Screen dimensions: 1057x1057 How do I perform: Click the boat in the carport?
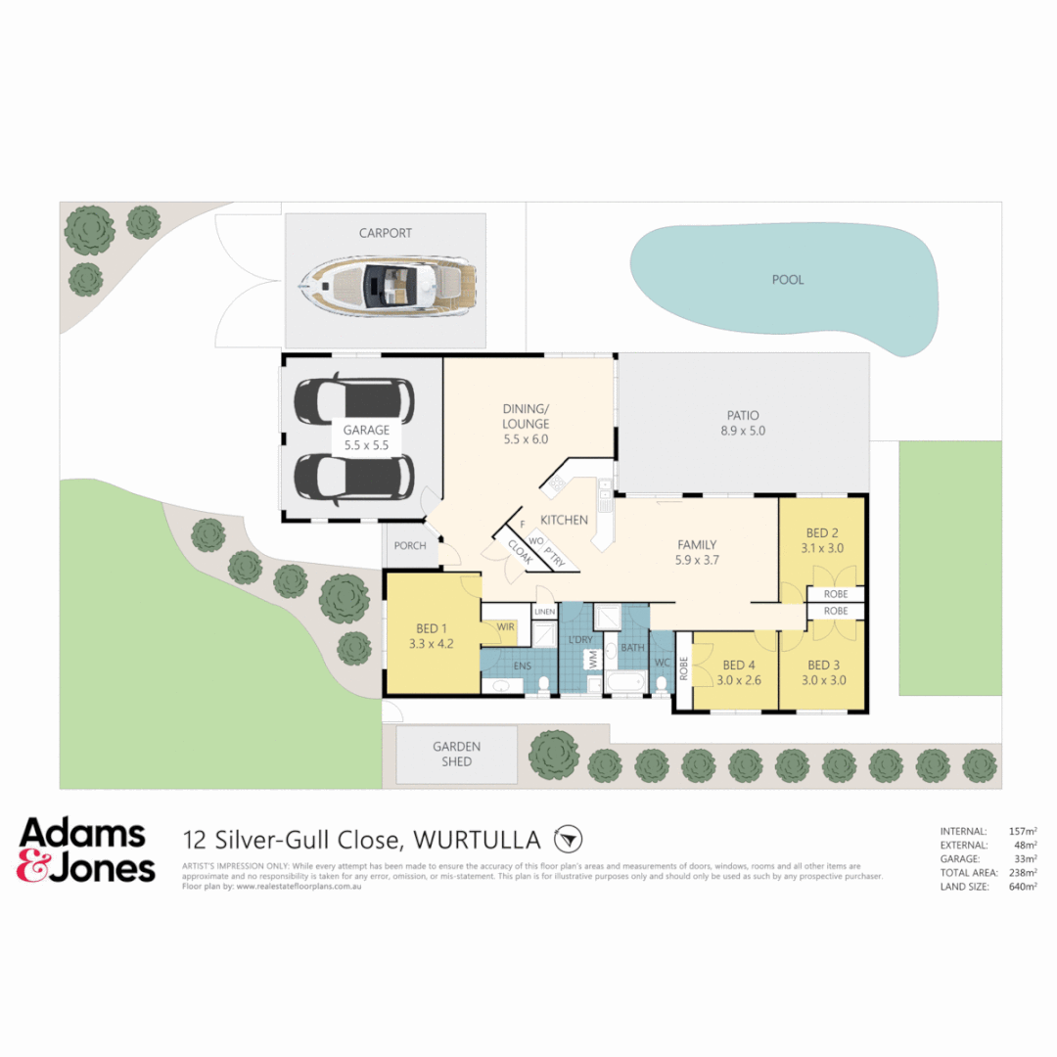[388, 285]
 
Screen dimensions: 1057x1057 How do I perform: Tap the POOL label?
[788, 280]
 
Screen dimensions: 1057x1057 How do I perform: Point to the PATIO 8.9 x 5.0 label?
[743, 422]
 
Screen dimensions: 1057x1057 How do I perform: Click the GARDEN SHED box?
[456, 754]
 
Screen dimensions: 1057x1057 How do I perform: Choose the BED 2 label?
[822, 540]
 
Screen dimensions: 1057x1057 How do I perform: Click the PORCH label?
[410, 546]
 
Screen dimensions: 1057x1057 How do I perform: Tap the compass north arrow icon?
[568, 839]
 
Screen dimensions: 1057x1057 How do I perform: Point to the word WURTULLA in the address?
[478, 840]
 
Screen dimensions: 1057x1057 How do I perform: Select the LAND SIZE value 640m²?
[1023, 887]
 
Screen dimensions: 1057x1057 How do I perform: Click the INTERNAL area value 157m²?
[1023, 831]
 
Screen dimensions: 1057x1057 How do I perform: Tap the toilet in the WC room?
[662, 683]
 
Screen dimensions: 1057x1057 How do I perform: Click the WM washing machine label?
[591, 661]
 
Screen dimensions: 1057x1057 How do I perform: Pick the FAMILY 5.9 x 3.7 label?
[698, 553]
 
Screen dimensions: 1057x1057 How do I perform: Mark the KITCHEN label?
[565, 520]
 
